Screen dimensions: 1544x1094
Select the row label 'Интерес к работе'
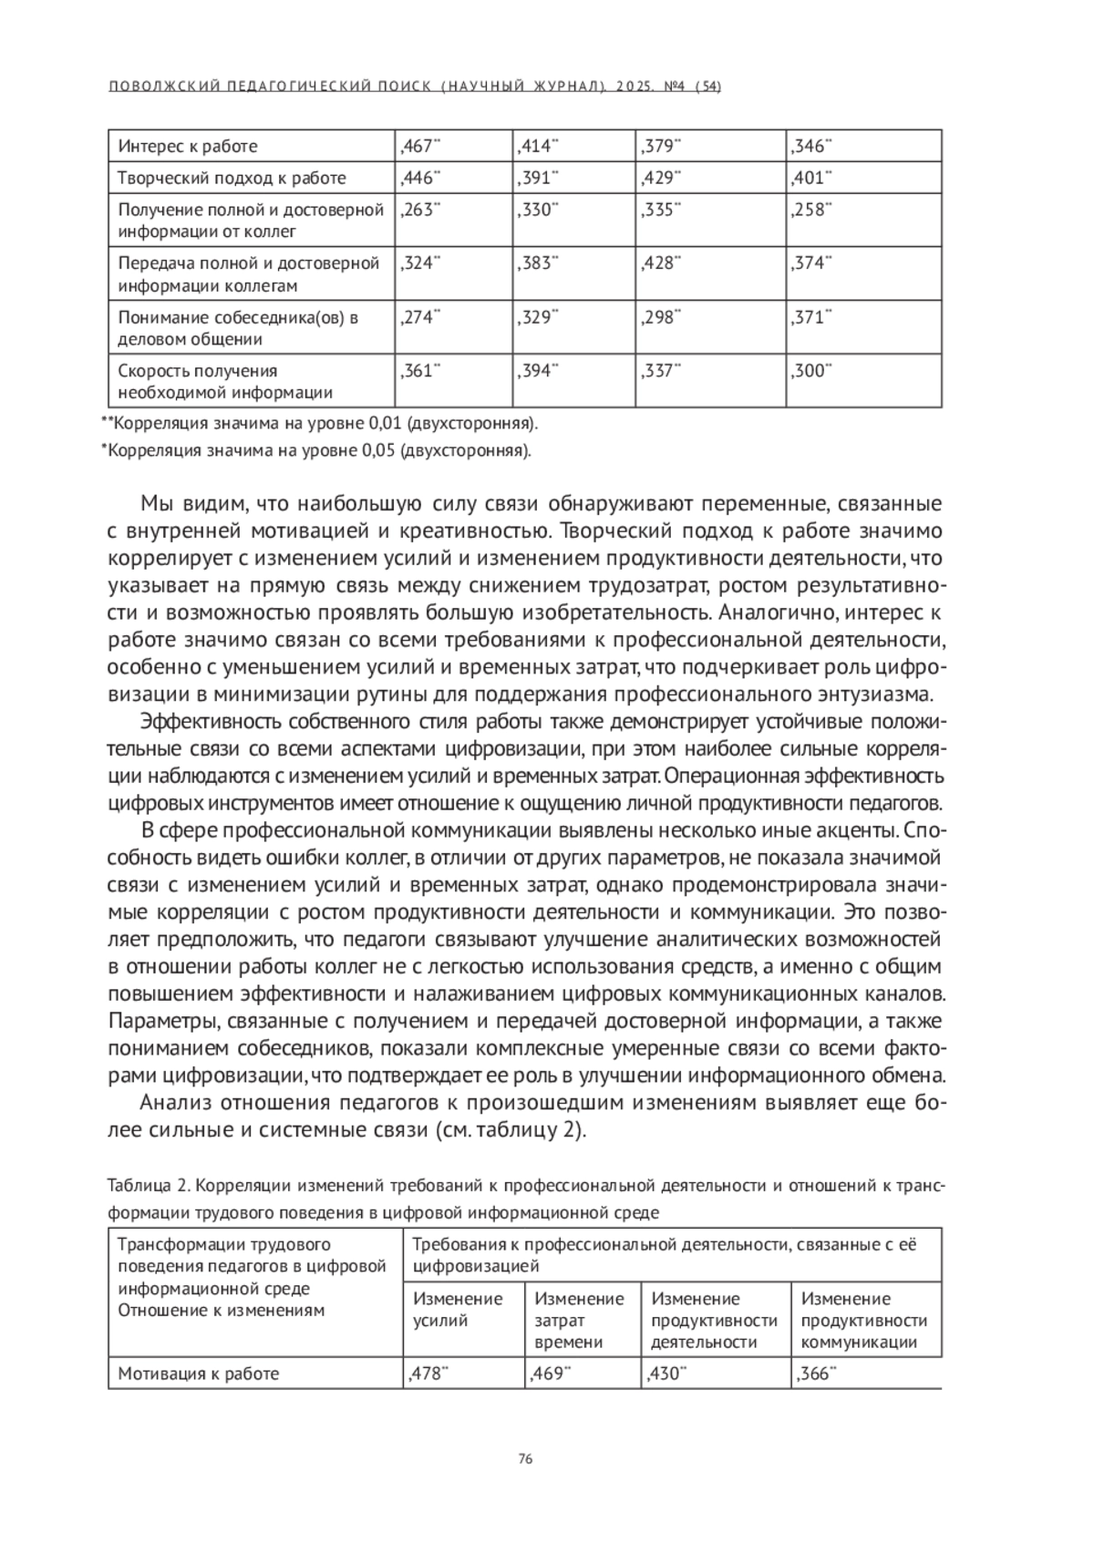coord(188,146)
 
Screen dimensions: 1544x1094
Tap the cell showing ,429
coord(659,178)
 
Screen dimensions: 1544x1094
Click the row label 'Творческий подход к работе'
coord(232,178)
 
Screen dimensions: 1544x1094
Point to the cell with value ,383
coord(537,263)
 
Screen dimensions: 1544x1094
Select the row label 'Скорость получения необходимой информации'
coord(224,382)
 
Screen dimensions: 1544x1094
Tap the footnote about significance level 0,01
coord(319,424)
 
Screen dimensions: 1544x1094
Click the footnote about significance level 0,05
coord(315,450)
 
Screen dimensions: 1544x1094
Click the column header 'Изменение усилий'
coord(458,1310)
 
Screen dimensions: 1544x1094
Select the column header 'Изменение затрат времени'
coord(579,1320)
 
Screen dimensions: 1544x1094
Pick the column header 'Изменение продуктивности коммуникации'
coord(863,1320)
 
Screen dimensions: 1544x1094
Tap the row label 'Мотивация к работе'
coord(198,1374)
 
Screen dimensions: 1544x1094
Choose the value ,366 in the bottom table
coord(814,1374)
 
